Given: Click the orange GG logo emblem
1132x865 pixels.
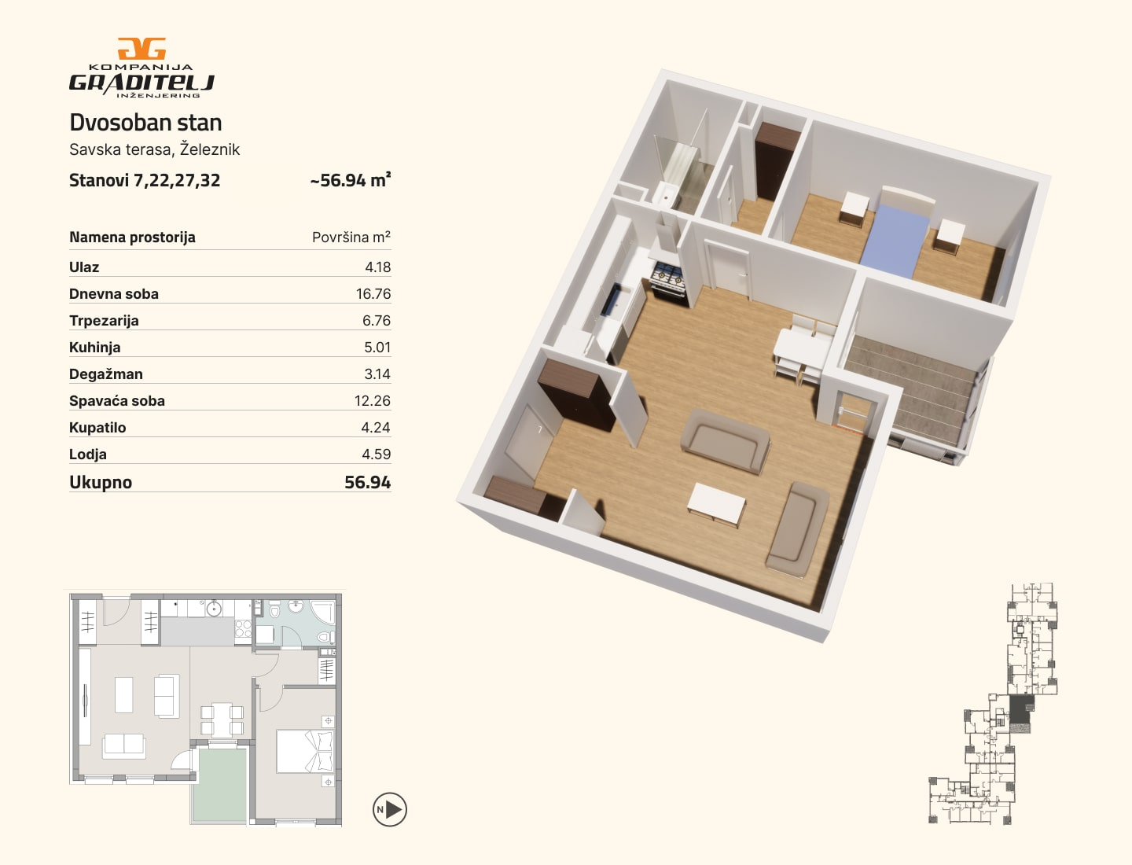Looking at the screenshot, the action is point(141,49).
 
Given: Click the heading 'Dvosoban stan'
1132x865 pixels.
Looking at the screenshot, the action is point(145,123).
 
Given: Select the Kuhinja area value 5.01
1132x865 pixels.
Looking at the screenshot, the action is point(377,347).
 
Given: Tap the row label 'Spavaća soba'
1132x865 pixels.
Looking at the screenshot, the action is point(117,401).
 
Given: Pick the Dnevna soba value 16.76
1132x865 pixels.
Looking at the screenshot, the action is point(373,293).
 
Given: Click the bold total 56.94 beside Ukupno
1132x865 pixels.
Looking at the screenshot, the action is point(367,482).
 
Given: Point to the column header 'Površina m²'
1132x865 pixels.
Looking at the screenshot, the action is point(351,237).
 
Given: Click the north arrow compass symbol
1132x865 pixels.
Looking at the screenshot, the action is point(390,809).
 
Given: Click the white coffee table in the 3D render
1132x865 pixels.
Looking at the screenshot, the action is point(717,504).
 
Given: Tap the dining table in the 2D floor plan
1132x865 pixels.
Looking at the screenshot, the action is point(222,720).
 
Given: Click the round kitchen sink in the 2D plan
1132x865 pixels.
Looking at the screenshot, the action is point(214,609).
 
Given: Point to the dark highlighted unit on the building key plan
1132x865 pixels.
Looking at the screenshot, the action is point(1021,709).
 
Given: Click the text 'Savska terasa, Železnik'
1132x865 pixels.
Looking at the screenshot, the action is point(154,149).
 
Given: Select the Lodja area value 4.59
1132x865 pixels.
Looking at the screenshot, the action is point(376,454).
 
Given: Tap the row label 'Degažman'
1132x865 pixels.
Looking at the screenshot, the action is point(105,374).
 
